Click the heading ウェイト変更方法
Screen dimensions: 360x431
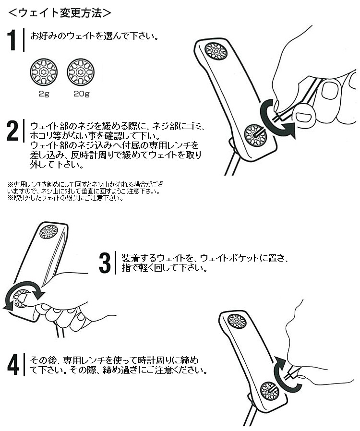pyautogui.click(x=60, y=12)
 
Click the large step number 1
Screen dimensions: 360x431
pyautogui.click(x=12, y=40)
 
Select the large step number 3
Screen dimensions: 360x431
pyautogui.click(x=105, y=263)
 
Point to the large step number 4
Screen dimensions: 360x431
pyautogui.click(x=13, y=365)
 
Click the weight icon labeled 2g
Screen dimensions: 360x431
pyautogui.click(x=44, y=72)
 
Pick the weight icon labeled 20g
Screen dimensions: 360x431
pyautogui.click(x=81, y=72)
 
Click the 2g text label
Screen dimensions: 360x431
pyautogui.click(x=44, y=94)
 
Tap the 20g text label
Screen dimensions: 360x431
pyautogui.click(x=81, y=94)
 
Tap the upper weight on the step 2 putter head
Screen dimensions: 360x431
pyautogui.click(x=216, y=51)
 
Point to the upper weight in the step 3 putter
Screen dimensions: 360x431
pyautogui.click(x=49, y=232)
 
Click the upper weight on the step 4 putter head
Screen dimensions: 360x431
pyautogui.click(x=237, y=321)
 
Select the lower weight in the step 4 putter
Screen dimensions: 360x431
pyautogui.click(x=269, y=391)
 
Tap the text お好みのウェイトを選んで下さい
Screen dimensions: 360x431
pyautogui.click(x=95, y=36)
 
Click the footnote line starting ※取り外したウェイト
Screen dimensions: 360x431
pyautogui.click(x=65, y=198)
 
